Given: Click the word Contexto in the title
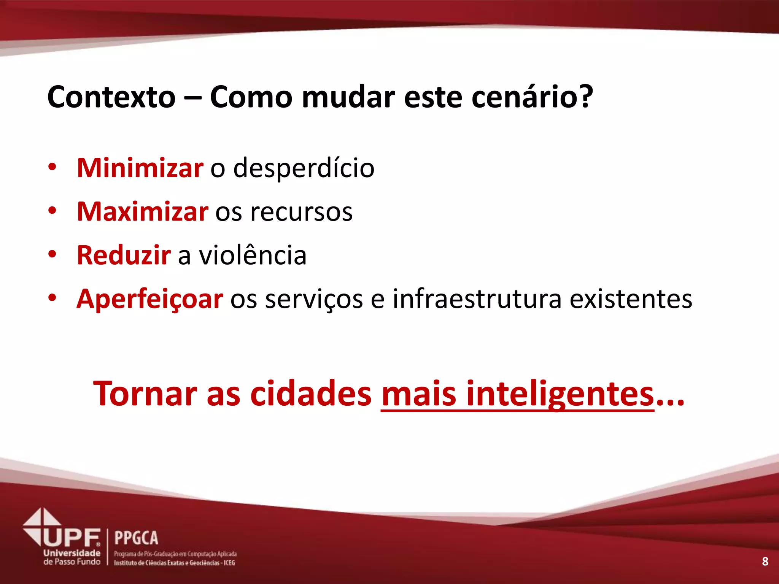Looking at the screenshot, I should pyautogui.click(x=111, y=97).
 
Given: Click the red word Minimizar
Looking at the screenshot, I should pyautogui.click(x=140, y=168).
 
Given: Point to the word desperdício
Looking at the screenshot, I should pyautogui.click(x=304, y=168).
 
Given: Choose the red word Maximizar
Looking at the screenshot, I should pyautogui.click(x=142, y=211).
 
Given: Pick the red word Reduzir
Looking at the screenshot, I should pyautogui.click(x=124, y=255).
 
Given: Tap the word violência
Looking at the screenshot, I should pyautogui.click(x=253, y=255).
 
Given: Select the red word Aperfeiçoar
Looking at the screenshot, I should pyautogui.click(x=149, y=299).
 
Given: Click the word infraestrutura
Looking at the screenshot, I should pyautogui.click(x=477, y=299).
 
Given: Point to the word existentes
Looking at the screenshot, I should pyautogui.click(x=631, y=299).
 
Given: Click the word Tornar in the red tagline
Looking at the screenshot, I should pyautogui.click(x=145, y=394).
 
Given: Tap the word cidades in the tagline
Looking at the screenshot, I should pyautogui.click(x=311, y=394).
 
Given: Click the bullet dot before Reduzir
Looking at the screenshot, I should pyautogui.click(x=52, y=254).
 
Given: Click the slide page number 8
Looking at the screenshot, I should pyautogui.click(x=765, y=561).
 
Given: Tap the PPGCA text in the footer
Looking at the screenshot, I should pyautogui.click(x=136, y=538).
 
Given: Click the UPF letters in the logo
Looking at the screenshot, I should pyautogui.click(x=72, y=538).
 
